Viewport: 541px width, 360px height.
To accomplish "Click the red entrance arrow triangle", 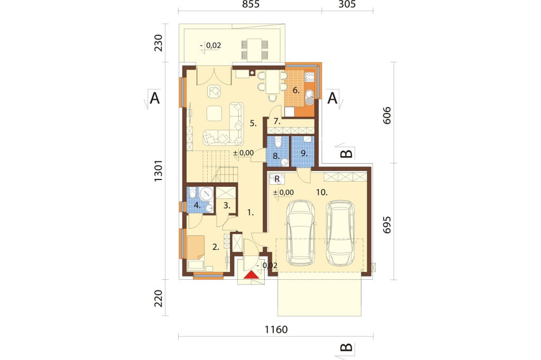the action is coord(251,275).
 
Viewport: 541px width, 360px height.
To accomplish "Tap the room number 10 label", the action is coord(322,193).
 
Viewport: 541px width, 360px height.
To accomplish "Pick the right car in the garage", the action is coord(341,233).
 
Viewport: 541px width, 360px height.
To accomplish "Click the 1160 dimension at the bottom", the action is coord(276,330).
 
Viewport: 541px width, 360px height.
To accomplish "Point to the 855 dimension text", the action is coord(251,4).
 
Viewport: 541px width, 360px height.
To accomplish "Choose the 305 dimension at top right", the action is coord(347,4).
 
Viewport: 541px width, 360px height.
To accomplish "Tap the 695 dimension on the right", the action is coord(387,225).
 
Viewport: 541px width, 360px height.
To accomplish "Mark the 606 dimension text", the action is coord(387,115).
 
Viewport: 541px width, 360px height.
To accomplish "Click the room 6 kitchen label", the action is coord(296,90).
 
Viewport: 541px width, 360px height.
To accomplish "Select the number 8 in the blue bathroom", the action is coord(276,156).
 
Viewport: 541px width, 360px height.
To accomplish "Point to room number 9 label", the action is coord(304,153).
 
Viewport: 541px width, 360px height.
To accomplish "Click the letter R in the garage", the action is coord(277,179).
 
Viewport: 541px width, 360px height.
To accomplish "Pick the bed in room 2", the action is coord(195,247).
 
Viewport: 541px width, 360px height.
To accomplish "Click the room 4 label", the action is coord(198,206).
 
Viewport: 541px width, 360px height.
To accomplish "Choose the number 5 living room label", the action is coord(253,124).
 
